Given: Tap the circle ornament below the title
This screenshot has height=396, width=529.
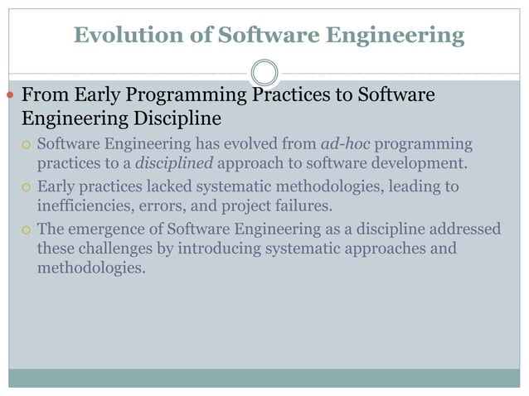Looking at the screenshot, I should (x=264, y=72).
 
